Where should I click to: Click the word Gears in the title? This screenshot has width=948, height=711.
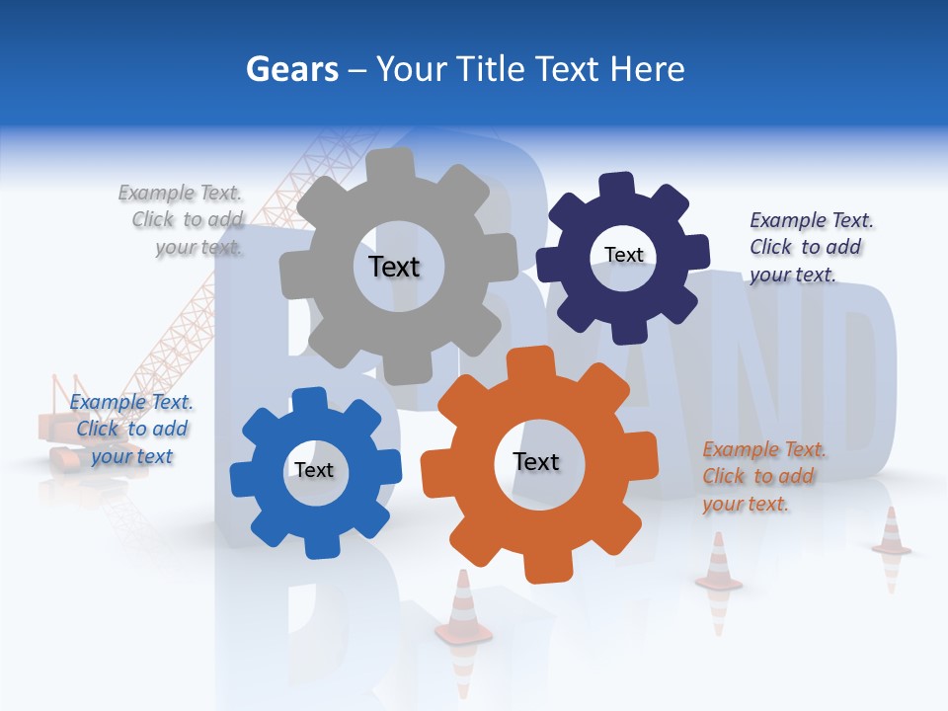pyautogui.click(x=291, y=69)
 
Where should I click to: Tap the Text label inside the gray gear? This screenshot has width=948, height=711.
pyautogui.click(x=394, y=267)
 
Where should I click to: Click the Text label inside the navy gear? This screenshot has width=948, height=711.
pyautogui.click(x=623, y=255)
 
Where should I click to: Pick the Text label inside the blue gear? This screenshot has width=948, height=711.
pyautogui.click(x=314, y=470)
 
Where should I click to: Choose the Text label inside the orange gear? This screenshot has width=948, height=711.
pyautogui.click(x=536, y=461)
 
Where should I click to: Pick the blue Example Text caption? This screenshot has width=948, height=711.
pyautogui.click(x=131, y=429)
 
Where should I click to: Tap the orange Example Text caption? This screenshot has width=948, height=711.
pyautogui.click(x=762, y=476)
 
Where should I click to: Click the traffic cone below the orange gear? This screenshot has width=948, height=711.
pyautogui.click(x=461, y=607)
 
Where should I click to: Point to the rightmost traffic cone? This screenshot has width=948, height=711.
pyautogui.click(x=891, y=532)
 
